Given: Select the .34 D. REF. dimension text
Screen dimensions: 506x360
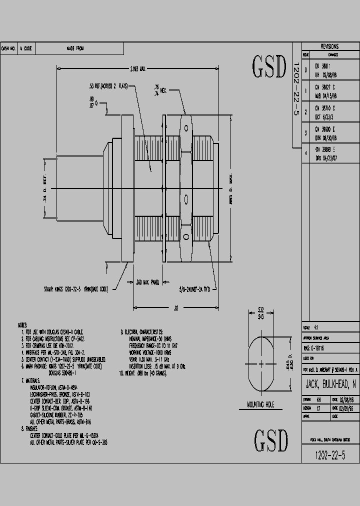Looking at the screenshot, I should click(x=45, y=188).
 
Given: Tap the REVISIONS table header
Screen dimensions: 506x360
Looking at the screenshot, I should click(x=329, y=46).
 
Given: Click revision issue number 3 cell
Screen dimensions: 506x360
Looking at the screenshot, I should click(x=306, y=132).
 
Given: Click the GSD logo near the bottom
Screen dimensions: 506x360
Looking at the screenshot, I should click(x=271, y=440).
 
